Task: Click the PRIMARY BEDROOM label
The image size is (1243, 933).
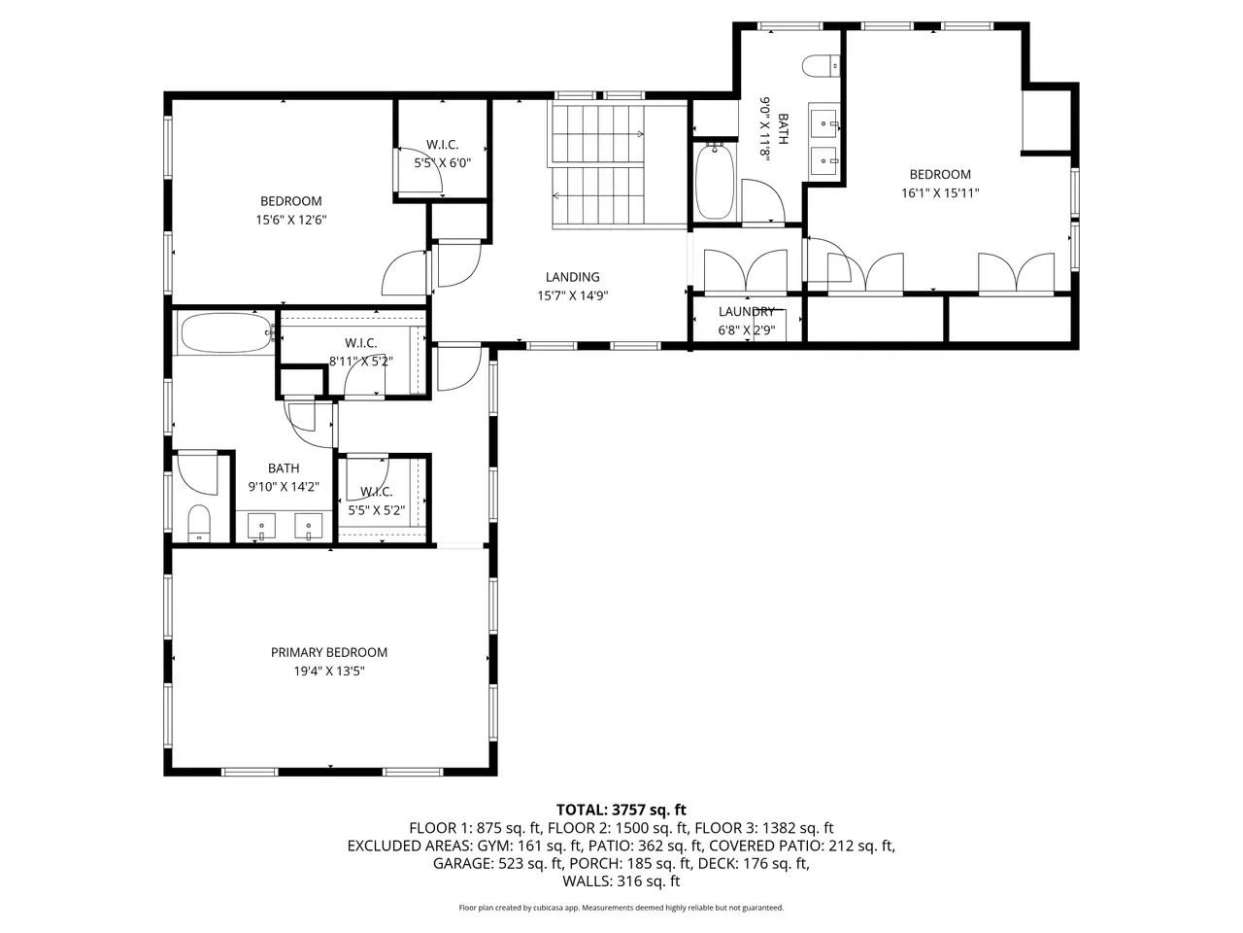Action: coord(329,652)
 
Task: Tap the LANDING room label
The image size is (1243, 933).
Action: coord(573,277)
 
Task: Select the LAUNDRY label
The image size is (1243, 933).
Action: coord(747,312)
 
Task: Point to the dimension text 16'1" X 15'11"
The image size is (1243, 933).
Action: coord(940,193)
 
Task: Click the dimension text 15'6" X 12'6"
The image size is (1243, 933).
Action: coord(291,220)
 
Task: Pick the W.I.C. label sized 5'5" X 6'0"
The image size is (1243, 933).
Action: coord(442,145)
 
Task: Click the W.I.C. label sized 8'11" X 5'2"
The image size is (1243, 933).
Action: coord(360,343)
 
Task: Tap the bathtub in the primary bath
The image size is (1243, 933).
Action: coord(226,332)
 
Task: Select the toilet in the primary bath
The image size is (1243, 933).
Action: coord(199,523)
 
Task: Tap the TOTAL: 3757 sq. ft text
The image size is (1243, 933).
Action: coord(621,810)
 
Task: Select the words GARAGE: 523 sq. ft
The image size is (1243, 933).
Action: coord(498,863)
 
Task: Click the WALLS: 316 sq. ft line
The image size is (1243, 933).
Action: coord(621,881)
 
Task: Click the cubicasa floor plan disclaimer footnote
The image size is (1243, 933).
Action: coord(621,908)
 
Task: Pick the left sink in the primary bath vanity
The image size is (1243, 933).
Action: coord(261,526)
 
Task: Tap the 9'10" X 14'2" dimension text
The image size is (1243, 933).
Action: coord(284,487)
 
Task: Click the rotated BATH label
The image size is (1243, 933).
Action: coord(783,129)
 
